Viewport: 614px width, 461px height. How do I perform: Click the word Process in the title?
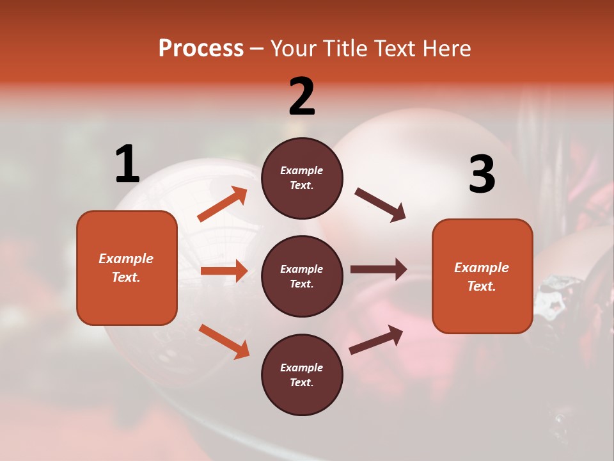click(201, 49)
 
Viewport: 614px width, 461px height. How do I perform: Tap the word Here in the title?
click(445, 49)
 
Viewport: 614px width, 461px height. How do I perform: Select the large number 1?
click(127, 165)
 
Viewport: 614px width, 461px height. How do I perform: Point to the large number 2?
click(302, 97)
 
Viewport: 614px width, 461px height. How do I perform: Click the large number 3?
click(482, 174)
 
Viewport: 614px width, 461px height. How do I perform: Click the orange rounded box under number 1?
click(127, 268)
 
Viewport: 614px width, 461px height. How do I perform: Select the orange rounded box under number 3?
click(482, 277)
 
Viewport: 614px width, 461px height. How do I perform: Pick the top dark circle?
click(302, 178)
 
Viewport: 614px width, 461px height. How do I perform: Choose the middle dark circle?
click(302, 277)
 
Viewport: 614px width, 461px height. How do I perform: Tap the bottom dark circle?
click(302, 375)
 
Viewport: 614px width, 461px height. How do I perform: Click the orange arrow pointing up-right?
click(223, 204)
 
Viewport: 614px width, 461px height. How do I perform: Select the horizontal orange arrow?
click(224, 271)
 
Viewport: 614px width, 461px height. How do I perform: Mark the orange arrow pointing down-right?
click(224, 341)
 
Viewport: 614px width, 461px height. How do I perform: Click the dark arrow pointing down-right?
click(381, 205)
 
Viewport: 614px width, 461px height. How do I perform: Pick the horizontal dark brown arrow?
click(379, 270)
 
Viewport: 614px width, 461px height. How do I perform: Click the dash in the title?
click(257, 49)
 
